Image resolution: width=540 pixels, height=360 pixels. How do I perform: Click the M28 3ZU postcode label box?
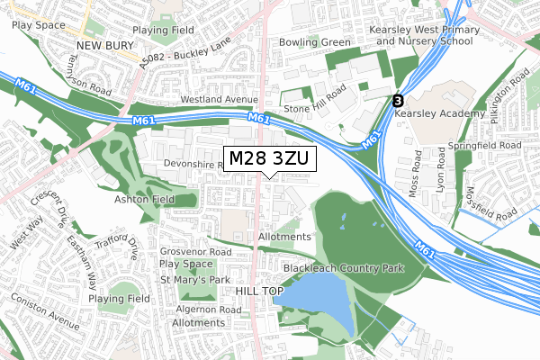(x=269, y=158)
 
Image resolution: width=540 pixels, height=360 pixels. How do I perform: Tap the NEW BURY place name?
(x=104, y=44)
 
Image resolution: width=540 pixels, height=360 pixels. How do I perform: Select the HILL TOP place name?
(x=259, y=292)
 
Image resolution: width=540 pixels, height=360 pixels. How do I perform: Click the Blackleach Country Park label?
(x=343, y=269)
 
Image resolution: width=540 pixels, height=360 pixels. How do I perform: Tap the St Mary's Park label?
(x=195, y=280)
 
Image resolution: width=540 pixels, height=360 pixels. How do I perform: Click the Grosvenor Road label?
(x=195, y=252)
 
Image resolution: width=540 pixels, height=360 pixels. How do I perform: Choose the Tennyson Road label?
(x=88, y=76)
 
